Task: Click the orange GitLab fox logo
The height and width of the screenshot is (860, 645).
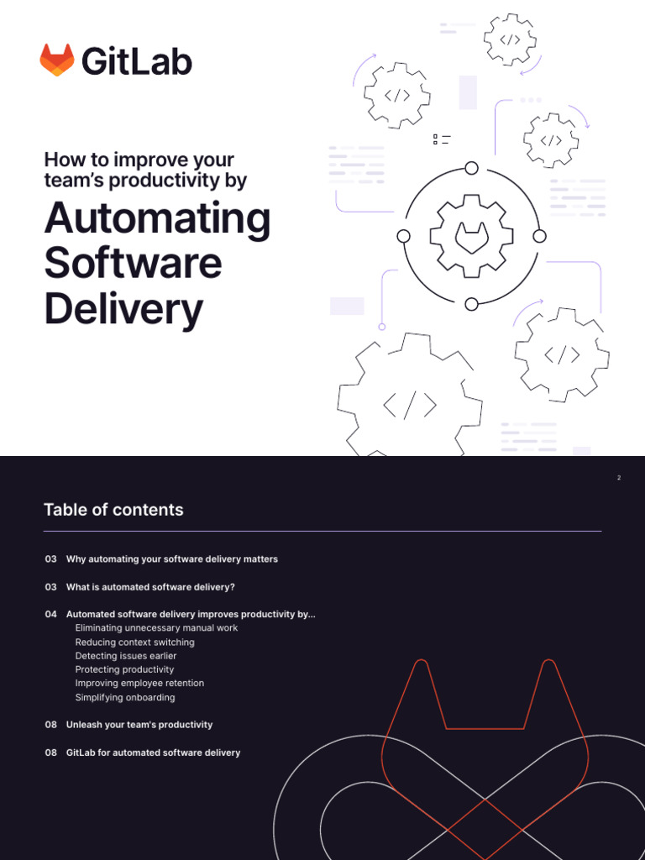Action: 57,60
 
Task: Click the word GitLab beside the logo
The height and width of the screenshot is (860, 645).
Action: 137,61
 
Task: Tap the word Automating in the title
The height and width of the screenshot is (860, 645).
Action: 157,218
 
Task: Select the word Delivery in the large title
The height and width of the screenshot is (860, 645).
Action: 123,309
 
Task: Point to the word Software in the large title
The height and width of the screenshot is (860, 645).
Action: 133,264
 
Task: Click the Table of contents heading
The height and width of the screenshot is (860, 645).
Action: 113,510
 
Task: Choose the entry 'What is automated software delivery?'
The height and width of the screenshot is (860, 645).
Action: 150,587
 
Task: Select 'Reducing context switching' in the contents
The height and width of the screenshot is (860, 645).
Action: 134,642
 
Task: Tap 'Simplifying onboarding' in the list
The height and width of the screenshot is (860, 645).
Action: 125,697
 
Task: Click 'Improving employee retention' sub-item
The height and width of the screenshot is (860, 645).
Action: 139,684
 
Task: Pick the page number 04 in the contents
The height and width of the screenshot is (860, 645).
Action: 51,615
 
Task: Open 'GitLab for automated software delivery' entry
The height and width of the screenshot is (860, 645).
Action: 153,752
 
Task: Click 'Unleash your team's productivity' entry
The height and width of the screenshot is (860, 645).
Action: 139,725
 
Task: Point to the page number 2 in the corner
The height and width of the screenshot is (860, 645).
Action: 619,478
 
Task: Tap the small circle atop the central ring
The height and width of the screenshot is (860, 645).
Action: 472,168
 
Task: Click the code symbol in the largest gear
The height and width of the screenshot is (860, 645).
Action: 410,406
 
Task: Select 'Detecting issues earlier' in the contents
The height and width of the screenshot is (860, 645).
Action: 126,656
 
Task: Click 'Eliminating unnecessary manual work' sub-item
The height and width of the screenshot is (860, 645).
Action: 156,628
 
